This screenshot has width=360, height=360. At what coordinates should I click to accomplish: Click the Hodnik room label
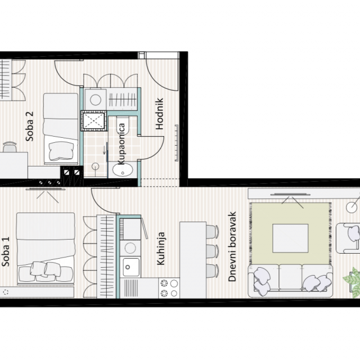[159, 114]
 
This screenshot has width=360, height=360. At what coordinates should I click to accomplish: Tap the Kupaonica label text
[121, 144]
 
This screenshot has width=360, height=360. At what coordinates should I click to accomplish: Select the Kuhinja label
[161, 249]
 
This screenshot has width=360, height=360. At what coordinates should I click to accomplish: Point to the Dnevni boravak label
[232, 246]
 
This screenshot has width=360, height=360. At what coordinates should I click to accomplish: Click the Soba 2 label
[29, 126]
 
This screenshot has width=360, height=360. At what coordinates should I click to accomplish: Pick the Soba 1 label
[5, 251]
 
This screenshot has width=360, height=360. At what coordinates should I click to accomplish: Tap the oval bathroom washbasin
[123, 170]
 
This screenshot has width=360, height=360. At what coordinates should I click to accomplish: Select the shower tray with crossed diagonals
[94, 121]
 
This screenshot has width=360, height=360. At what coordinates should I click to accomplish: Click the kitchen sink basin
[130, 267]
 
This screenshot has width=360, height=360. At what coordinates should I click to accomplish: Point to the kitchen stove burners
[169, 288]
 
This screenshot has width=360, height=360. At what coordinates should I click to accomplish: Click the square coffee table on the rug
[290, 238]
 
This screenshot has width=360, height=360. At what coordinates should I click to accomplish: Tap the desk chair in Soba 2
[10, 147]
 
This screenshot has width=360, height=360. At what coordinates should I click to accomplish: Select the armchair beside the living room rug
[348, 238]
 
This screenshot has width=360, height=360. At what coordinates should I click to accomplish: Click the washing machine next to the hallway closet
[96, 100]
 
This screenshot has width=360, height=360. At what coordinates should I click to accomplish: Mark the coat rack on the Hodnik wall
[177, 143]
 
